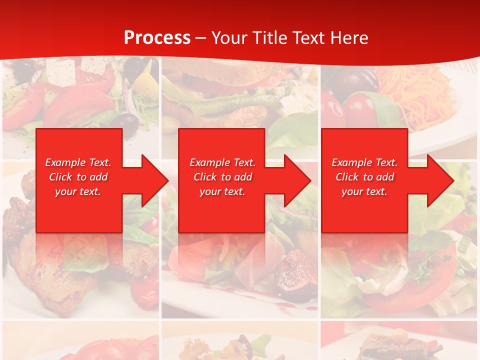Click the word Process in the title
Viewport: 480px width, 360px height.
pos(157,38)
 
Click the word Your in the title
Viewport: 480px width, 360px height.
pos(230,38)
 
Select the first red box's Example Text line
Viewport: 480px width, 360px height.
pos(78,162)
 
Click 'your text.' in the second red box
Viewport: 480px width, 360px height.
pos(222,191)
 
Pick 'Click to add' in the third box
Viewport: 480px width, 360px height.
pos(364,177)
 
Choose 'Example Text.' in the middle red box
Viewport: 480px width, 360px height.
pos(222,162)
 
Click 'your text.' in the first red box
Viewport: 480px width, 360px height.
pos(78,191)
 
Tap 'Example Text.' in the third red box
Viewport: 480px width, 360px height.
pos(364,162)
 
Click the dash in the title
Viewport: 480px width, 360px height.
pos(200,38)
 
